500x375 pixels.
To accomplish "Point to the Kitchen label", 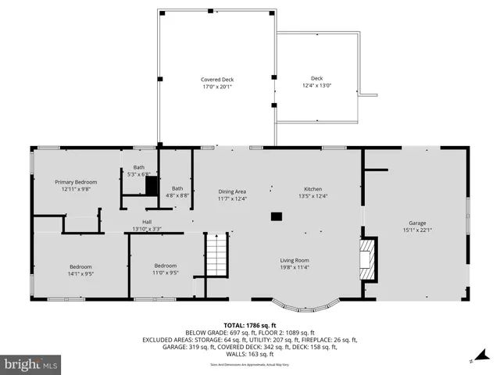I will pyautogui.click(x=312, y=190).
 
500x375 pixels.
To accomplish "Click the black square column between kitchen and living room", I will pyautogui.click(x=276, y=216).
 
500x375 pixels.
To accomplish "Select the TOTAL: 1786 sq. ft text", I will pyautogui.click(x=250, y=324).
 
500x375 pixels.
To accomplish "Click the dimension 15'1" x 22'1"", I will pyautogui.click(x=417, y=230).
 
